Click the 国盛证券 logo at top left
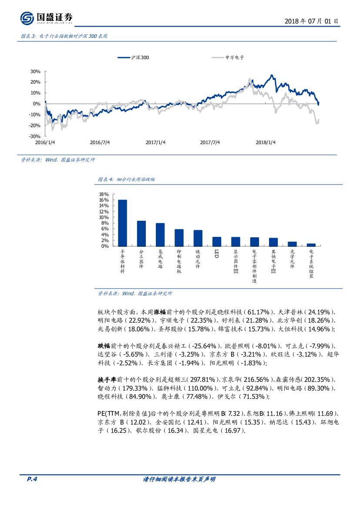click(46, 18)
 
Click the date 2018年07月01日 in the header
click(311, 21)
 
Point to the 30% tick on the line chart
click(35, 71)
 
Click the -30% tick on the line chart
click(34, 136)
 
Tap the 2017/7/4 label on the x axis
click(210, 142)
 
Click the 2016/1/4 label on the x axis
click(45, 142)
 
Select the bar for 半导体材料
click(122, 223)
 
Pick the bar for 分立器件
click(141, 233)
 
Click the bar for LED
click(217, 241)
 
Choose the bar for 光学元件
click(292, 244)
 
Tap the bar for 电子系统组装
click(311, 245)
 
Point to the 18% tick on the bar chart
click(104, 194)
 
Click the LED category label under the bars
click(216, 253)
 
